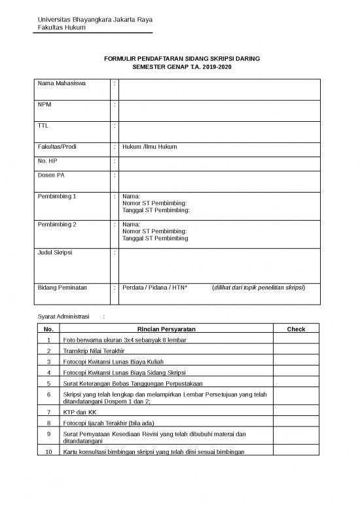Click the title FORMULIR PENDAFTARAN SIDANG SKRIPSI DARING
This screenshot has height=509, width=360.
click(182, 59)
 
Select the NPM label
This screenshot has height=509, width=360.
click(45, 105)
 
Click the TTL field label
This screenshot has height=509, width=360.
click(43, 126)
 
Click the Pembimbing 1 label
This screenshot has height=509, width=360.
click(57, 196)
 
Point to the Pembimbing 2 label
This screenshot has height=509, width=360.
click(57, 224)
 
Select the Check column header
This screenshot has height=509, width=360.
click(296, 329)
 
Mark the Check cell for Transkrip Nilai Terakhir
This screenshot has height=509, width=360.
click(296, 351)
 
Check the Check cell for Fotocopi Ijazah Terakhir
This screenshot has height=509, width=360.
click(296, 423)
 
